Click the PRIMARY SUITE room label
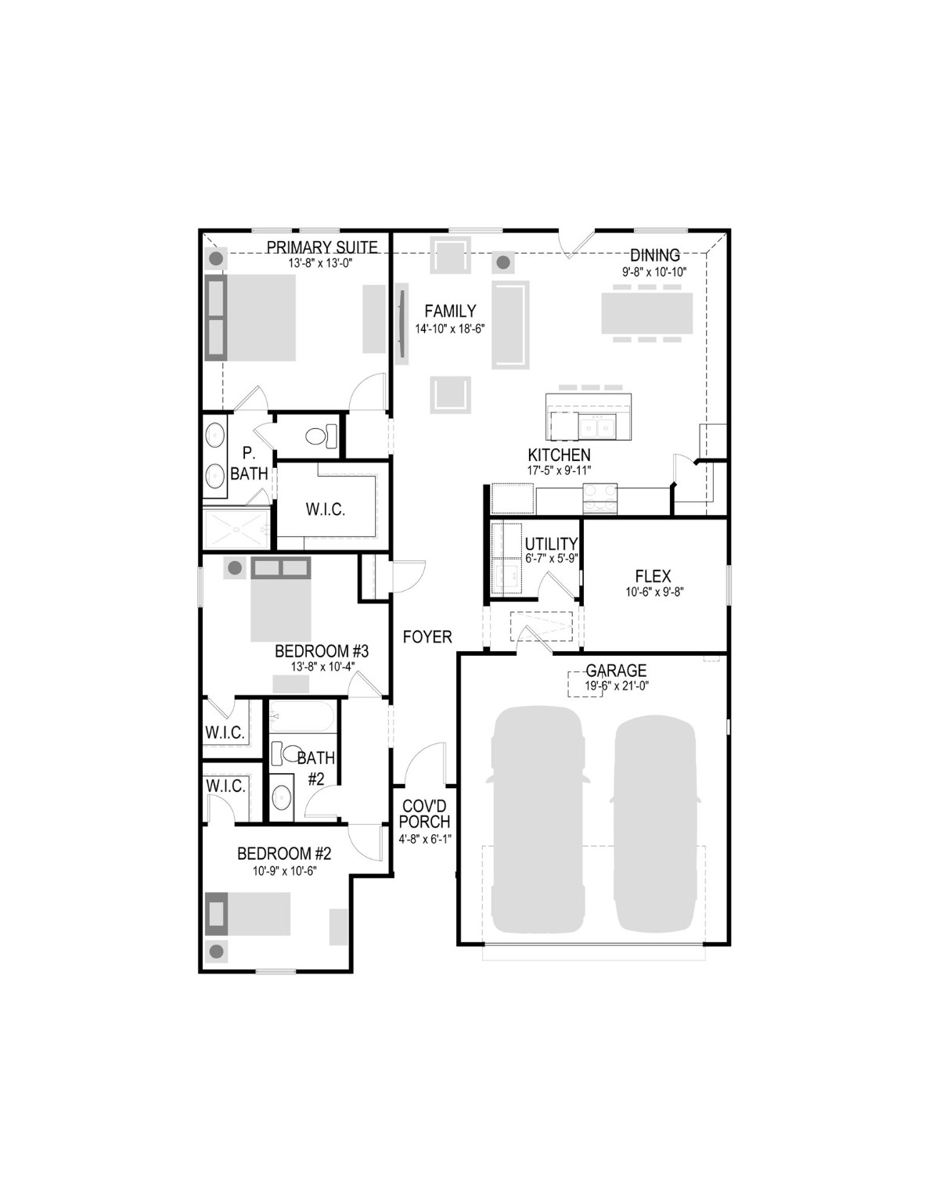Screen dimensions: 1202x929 (322, 247)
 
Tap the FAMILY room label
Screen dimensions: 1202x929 (450, 311)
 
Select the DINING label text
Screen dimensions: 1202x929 (655, 255)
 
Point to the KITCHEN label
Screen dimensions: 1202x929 (559, 455)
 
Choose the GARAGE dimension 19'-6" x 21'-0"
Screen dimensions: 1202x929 (616, 686)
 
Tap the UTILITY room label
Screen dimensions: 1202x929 (551, 544)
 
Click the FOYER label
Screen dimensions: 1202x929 (427, 637)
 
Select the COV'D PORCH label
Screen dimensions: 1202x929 (426, 814)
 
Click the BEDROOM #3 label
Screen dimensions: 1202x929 (321, 651)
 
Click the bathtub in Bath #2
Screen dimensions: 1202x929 (303, 715)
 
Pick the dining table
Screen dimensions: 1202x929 (646, 313)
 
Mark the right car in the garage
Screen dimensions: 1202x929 (655, 822)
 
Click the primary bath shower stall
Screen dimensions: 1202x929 (236, 529)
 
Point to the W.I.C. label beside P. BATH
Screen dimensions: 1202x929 (325, 509)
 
